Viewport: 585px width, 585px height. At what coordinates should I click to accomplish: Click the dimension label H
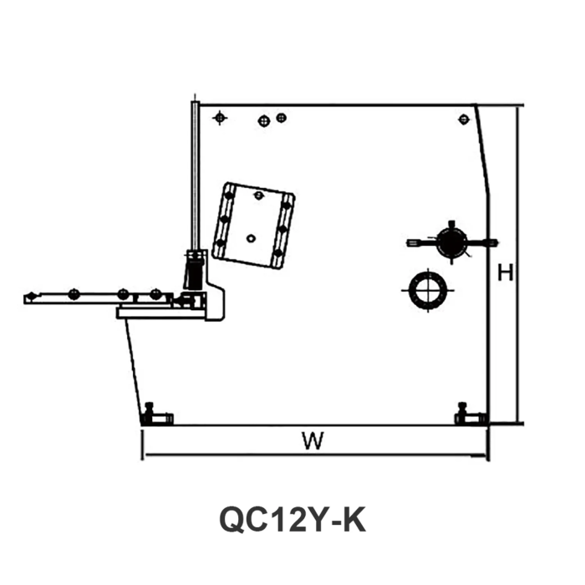(x=504, y=272)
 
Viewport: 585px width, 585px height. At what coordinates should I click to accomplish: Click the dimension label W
(x=313, y=441)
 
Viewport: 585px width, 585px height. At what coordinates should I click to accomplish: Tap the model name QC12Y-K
(x=292, y=520)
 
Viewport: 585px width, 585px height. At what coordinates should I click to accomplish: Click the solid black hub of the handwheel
(x=451, y=242)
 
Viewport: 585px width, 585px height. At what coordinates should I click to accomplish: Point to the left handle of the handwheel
(x=417, y=242)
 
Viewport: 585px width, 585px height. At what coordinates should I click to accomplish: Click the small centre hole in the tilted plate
(x=251, y=238)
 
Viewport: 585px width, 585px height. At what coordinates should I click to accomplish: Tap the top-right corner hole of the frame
(x=462, y=119)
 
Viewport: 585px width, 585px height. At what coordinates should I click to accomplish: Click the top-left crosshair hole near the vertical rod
(x=220, y=117)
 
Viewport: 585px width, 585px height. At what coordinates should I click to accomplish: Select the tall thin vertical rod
(x=193, y=175)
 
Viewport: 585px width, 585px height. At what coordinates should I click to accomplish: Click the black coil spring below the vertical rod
(x=194, y=269)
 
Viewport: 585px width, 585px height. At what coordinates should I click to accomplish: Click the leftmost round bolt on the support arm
(x=74, y=292)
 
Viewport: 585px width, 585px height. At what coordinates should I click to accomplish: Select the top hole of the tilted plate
(x=259, y=196)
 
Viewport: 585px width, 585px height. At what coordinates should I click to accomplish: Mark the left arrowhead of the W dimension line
(x=145, y=457)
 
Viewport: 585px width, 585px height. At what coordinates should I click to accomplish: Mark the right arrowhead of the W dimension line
(x=485, y=457)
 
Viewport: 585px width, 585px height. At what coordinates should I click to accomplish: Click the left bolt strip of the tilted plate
(x=224, y=220)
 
